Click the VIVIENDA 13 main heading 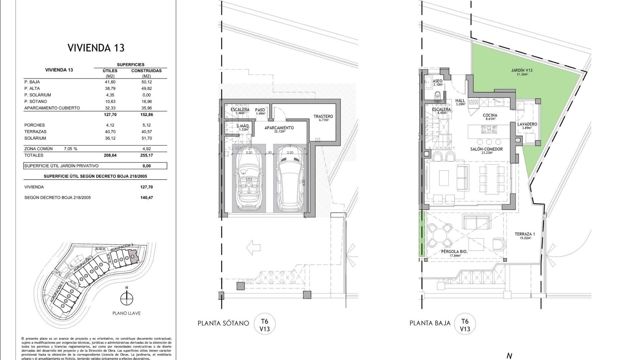pos(96,48)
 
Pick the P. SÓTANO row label pos(36,101)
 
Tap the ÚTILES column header pos(110,71)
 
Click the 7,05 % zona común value pos(70,149)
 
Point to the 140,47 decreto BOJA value pos(146,197)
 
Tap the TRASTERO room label pos(323,116)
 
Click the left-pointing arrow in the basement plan pos(253,248)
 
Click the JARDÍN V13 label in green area pos(522,70)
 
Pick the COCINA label pos(490,115)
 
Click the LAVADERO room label pos(527,124)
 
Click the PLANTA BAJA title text pos(430,323)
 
